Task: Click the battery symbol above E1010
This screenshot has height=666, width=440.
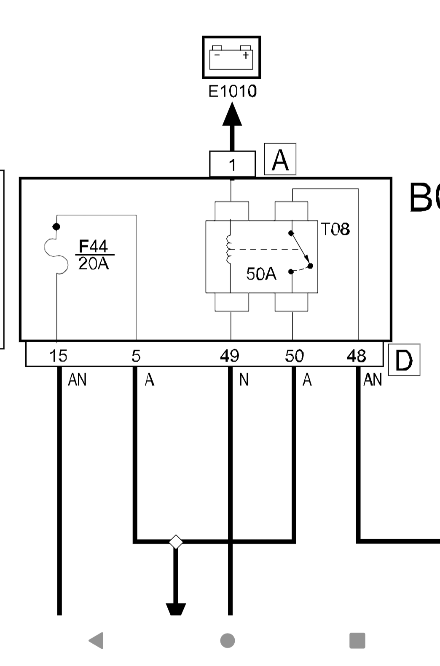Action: [x=231, y=57]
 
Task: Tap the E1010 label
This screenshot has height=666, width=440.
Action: [x=232, y=91]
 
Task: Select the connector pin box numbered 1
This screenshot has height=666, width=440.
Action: [x=232, y=164]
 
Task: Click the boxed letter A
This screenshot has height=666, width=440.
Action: [x=280, y=160]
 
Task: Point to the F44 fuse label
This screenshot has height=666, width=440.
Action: [x=93, y=246]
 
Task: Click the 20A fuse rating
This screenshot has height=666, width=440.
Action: [x=94, y=264]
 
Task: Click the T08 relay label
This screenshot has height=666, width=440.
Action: [x=335, y=229]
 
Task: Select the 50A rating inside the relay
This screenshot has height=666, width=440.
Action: [x=261, y=274]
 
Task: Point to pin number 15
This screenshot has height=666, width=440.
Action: [x=58, y=356]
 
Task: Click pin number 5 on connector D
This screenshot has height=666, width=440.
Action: [x=136, y=356]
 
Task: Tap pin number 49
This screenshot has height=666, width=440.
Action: [x=230, y=356]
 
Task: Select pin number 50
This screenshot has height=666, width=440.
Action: [x=294, y=356]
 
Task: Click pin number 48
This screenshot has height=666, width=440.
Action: [x=357, y=356]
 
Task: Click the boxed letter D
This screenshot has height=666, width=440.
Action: [x=404, y=360]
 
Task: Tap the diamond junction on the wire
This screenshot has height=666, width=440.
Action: [x=176, y=542]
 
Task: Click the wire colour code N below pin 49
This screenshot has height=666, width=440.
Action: [x=244, y=380]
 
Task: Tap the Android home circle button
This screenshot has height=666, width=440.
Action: [x=228, y=641]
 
